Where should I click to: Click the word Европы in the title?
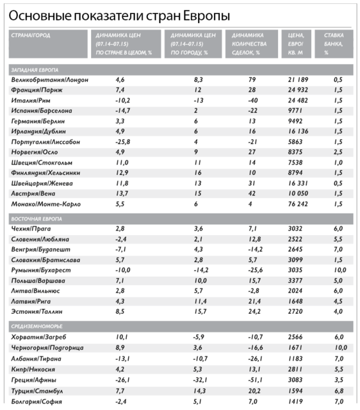(x=206, y=16)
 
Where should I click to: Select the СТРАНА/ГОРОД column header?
(x=31, y=35)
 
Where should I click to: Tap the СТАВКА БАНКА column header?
(x=334, y=44)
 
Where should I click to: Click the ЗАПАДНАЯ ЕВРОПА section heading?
(x=35, y=70)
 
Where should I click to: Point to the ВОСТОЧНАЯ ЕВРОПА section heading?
(x=37, y=219)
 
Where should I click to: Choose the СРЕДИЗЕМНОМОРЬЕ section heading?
(x=37, y=326)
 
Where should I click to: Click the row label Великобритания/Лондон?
(x=50, y=79)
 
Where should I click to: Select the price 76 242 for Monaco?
(x=298, y=204)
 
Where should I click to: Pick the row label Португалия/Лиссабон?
(x=45, y=142)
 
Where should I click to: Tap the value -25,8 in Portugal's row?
(x=123, y=142)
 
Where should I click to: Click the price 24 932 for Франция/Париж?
(x=298, y=90)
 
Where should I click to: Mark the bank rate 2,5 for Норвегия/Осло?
(x=338, y=152)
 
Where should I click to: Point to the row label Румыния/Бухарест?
(x=41, y=270)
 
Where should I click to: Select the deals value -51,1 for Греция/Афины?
(x=255, y=380)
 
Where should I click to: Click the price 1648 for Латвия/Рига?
(x=295, y=301)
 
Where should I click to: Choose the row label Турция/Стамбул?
(x=37, y=391)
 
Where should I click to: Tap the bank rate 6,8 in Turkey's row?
(x=339, y=391)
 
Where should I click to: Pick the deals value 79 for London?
(x=252, y=79)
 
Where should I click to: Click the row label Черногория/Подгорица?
(x=47, y=348)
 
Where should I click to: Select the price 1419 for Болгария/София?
(x=295, y=402)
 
